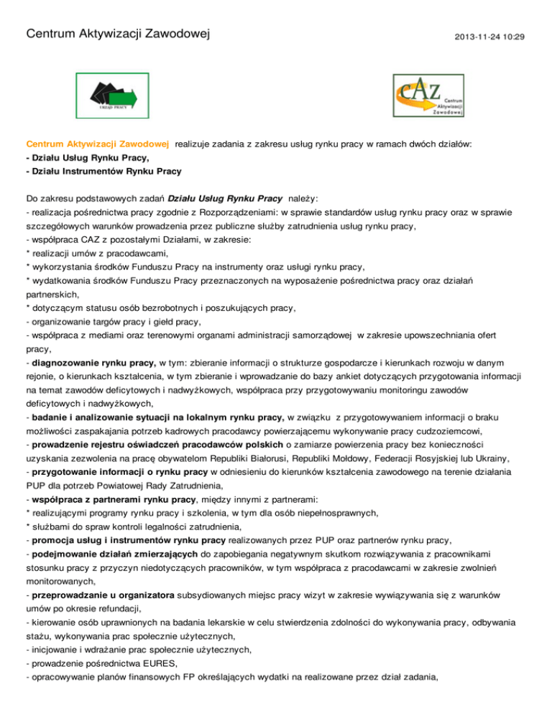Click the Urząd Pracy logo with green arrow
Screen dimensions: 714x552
pyautogui.click(x=118, y=93)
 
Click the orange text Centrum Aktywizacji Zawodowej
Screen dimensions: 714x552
pyautogui.click(x=97, y=144)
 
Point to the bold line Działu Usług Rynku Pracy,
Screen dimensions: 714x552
pyautogui.click(x=86, y=157)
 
